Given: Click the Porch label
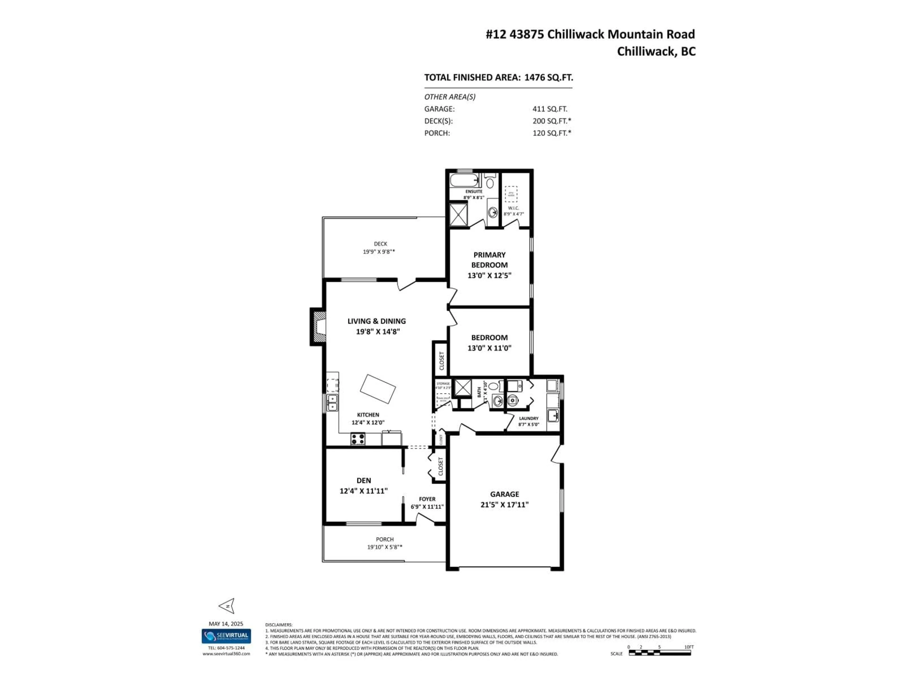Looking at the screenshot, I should click(385, 539).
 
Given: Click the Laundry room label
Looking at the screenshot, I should click(529, 418).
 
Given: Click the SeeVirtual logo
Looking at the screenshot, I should click(226, 636).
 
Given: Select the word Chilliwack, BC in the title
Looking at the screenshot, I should click(656, 52).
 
